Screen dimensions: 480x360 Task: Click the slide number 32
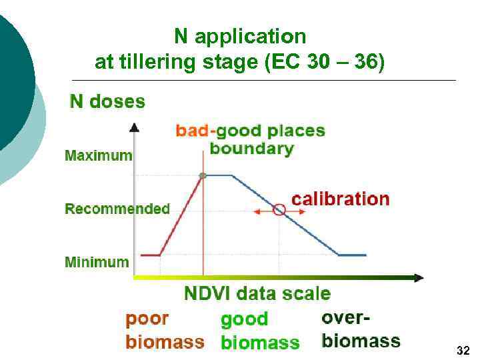(x=463, y=350)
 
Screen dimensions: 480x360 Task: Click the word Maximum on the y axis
(x=98, y=156)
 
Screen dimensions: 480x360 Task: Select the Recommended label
(x=117, y=209)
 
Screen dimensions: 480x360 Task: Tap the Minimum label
(x=97, y=262)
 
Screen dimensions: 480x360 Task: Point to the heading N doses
(x=107, y=101)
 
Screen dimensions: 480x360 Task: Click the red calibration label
(x=340, y=199)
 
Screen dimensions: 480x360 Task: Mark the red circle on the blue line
(x=279, y=210)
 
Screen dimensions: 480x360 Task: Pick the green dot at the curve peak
(x=203, y=175)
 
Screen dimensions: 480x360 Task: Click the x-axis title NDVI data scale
(x=257, y=293)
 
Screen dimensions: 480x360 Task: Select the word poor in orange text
(x=147, y=319)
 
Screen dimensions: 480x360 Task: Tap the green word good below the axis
(x=244, y=319)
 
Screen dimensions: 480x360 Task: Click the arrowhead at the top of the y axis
(x=134, y=127)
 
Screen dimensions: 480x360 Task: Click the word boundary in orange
(x=251, y=148)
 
